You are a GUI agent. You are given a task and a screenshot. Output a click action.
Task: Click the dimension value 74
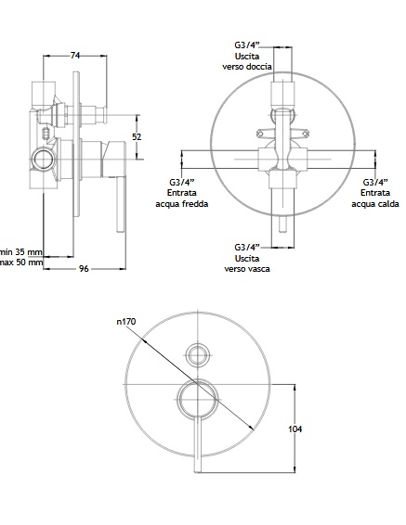(75, 56)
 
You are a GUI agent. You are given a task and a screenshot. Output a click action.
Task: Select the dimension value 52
(137, 136)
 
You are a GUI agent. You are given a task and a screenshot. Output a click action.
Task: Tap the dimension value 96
(84, 268)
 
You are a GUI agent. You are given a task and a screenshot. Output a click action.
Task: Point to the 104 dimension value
(295, 429)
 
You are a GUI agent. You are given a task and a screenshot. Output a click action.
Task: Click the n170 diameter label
(126, 322)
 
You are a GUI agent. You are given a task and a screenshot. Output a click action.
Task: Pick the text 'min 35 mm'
(21, 251)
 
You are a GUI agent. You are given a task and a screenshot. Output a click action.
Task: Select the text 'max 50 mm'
(21, 262)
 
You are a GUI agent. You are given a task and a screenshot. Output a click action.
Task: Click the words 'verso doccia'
(247, 67)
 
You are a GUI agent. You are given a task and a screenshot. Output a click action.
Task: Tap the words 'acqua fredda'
(182, 203)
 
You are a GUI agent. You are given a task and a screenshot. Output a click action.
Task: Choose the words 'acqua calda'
(375, 203)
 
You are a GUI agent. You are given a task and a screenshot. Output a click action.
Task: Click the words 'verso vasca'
(247, 268)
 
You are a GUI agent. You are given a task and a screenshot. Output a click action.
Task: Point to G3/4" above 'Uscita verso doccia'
(247, 45)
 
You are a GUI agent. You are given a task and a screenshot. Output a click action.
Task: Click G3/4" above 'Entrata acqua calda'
(375, 182)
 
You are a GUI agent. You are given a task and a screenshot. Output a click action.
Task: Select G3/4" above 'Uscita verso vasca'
(247, 248)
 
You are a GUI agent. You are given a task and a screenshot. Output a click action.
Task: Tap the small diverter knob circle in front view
(198, 354)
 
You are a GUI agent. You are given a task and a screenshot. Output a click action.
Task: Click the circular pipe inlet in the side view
(44, 159)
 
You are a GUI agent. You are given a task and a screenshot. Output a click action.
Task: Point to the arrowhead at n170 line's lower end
(250, 427)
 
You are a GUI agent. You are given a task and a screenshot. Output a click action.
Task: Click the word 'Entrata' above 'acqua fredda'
(182, 193)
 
